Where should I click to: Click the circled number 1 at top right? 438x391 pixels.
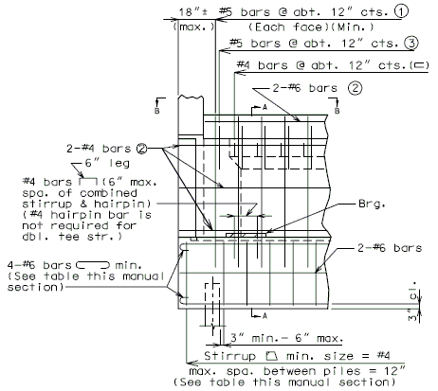401,11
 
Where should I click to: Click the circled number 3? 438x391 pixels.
411,43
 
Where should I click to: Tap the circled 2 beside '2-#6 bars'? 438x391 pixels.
356,88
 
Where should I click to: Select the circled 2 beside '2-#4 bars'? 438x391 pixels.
142,149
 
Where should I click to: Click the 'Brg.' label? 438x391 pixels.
372,204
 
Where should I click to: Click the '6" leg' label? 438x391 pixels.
107,163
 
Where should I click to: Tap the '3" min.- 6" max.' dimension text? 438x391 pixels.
286,338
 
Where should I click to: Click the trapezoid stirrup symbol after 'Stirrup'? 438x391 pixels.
271,356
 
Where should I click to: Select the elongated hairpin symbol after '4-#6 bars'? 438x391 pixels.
93,265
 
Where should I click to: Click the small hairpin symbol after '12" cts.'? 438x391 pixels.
419,65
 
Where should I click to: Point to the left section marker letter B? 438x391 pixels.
156,111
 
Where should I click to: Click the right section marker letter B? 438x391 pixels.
337,111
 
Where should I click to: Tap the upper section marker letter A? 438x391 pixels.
265,108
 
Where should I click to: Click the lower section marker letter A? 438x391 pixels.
265,316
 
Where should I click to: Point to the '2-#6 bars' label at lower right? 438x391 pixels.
390,248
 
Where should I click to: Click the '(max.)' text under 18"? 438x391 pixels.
193,27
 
